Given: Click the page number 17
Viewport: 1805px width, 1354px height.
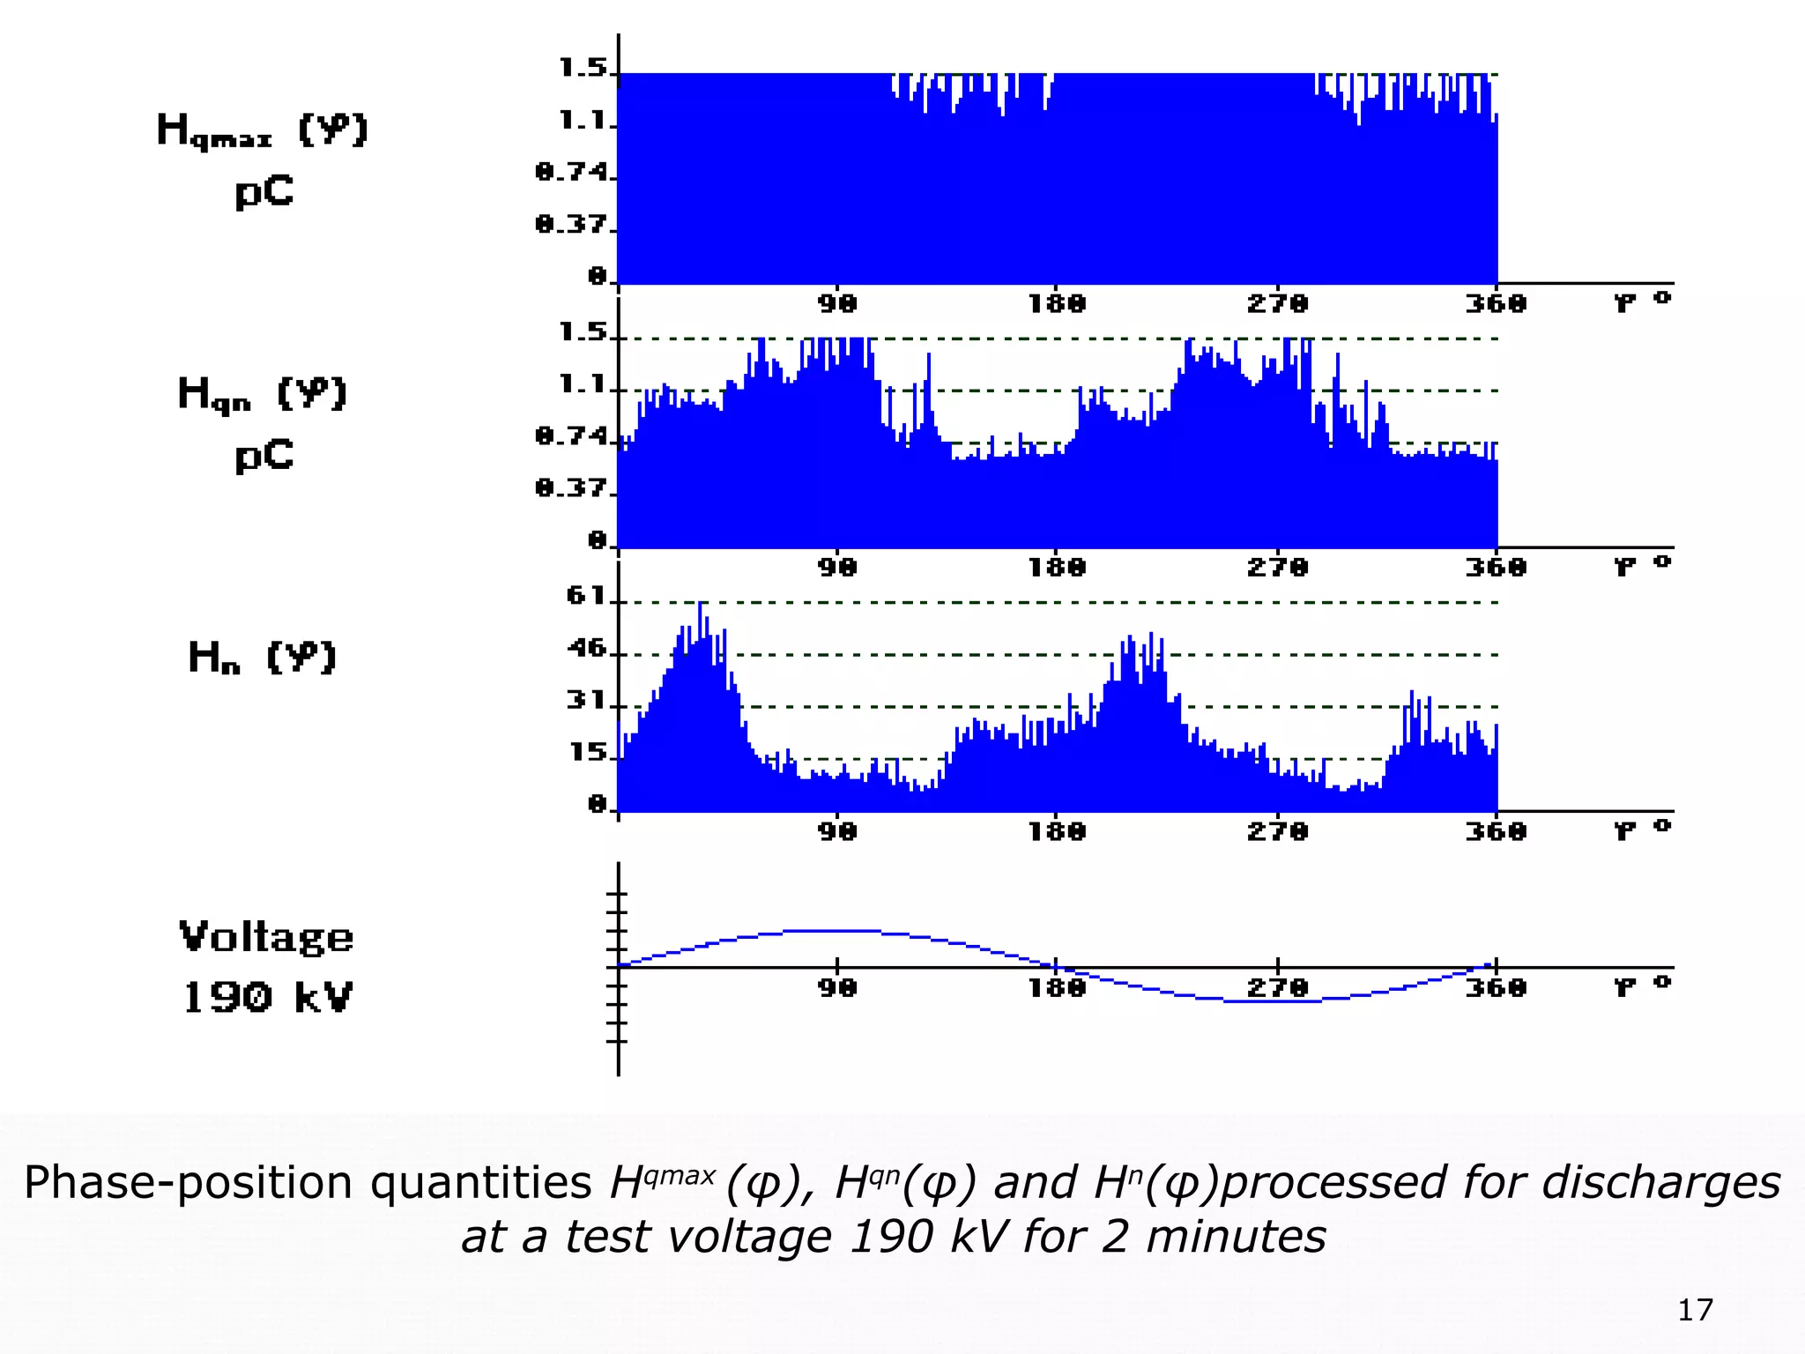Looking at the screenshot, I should coord(1694,1310).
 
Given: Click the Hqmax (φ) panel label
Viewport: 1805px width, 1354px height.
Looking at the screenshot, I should coord(263,130).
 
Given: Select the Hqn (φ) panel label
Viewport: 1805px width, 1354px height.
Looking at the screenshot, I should coord(263,394).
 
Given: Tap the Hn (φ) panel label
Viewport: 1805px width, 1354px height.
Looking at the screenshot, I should coord(263,657).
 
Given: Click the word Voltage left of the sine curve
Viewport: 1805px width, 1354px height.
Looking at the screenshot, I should coord(266,937).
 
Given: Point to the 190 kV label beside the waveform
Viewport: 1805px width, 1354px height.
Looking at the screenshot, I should coord(267,997).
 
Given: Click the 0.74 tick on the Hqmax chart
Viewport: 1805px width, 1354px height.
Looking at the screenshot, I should coord(572,172).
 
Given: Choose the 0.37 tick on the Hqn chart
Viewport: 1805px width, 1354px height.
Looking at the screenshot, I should coord(572,487).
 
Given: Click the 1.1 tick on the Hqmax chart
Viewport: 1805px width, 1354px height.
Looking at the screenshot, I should coord(583,120).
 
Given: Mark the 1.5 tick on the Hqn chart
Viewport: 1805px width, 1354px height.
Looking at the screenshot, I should coord(583,332).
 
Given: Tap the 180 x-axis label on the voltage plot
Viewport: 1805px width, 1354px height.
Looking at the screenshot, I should coord(1057,988).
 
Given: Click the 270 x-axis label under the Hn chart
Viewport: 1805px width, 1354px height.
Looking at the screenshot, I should coord(1277,831).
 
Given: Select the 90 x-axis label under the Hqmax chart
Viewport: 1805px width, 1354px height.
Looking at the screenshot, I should coord(836,304).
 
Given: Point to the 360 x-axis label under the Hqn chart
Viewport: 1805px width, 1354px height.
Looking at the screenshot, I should coord(1496,568).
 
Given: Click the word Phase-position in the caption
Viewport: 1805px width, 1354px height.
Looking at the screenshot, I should coord(188,1183).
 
